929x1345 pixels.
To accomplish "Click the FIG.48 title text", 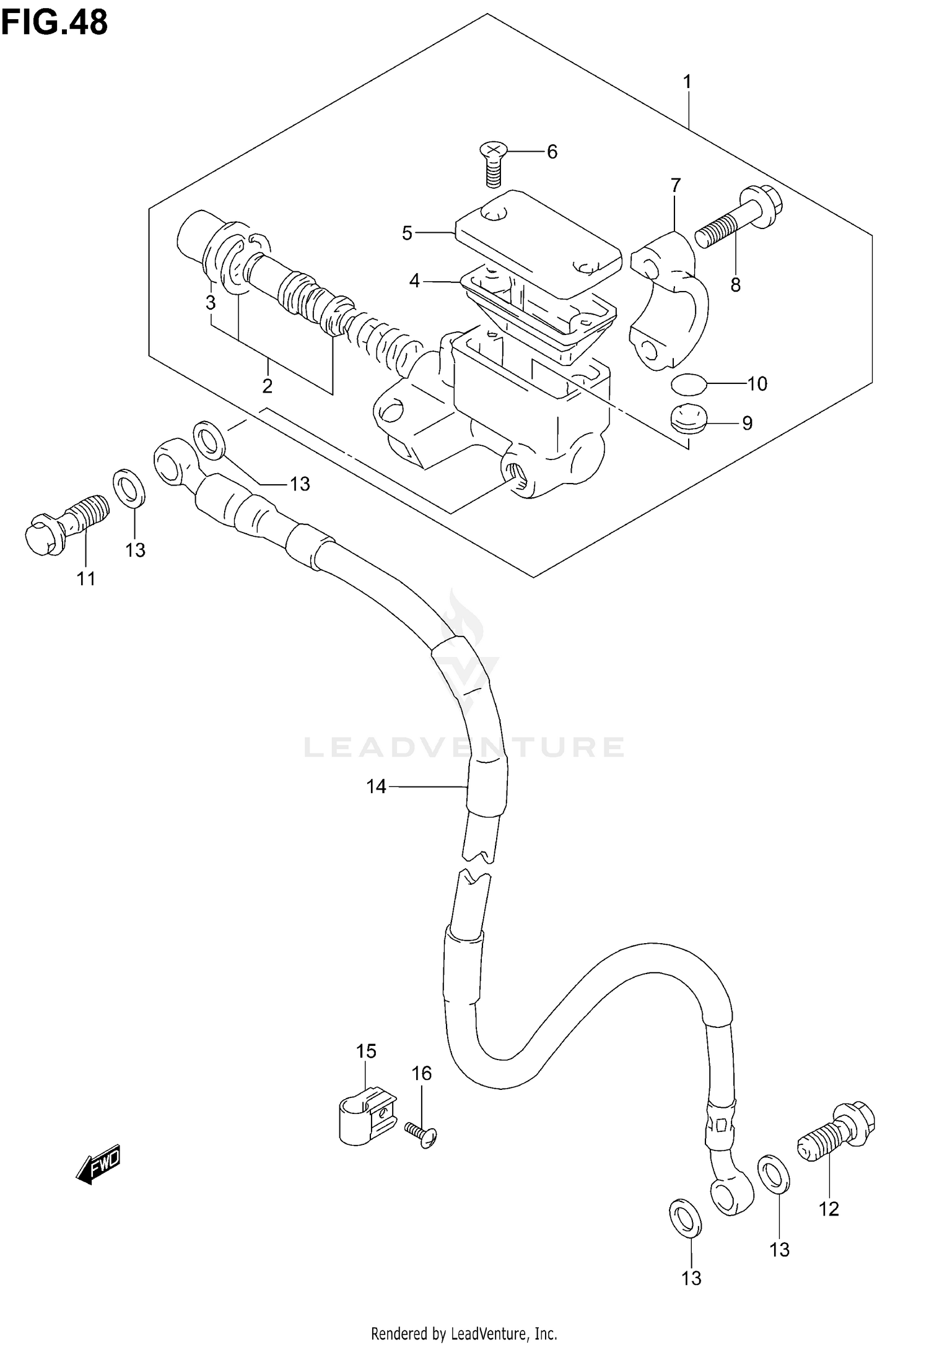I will tap(55, 22).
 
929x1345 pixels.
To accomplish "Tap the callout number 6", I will tap(552, 152).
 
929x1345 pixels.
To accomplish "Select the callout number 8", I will tap(735, 285).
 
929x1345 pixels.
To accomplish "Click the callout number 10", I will tap(757, 384).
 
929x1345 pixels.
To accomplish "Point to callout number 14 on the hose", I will tap(376, 787).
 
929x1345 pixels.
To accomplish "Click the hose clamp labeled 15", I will tap(367, 1118).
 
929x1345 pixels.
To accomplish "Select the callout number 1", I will tap(687, 82).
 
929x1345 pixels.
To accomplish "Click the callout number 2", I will tap(267, 386).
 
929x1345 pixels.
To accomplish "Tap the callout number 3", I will tap(211, 303).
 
